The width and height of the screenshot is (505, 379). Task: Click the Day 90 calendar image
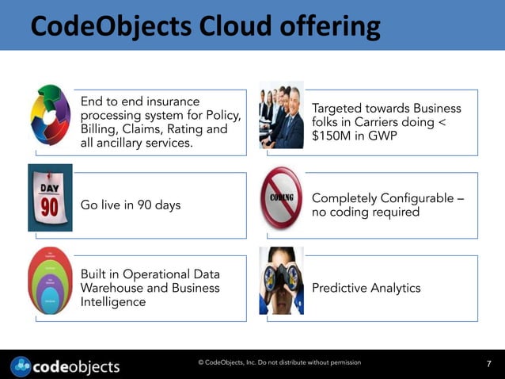click(x=50, y=198)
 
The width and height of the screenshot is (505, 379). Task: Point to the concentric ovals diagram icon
click(x=50, y=281)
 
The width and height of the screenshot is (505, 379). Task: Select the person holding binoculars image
click(x=281, y=281)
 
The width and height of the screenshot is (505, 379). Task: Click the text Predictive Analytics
click(x=366, y=288)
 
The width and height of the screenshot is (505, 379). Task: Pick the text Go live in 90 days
click(x=131, y=205)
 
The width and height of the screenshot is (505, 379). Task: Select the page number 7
click(x=488, y=364)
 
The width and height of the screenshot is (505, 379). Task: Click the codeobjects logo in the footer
click(x=66, y=366)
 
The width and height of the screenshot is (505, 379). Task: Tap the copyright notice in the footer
click(x=279, y=362)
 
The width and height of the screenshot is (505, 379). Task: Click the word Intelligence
click(x=113, y=302)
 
